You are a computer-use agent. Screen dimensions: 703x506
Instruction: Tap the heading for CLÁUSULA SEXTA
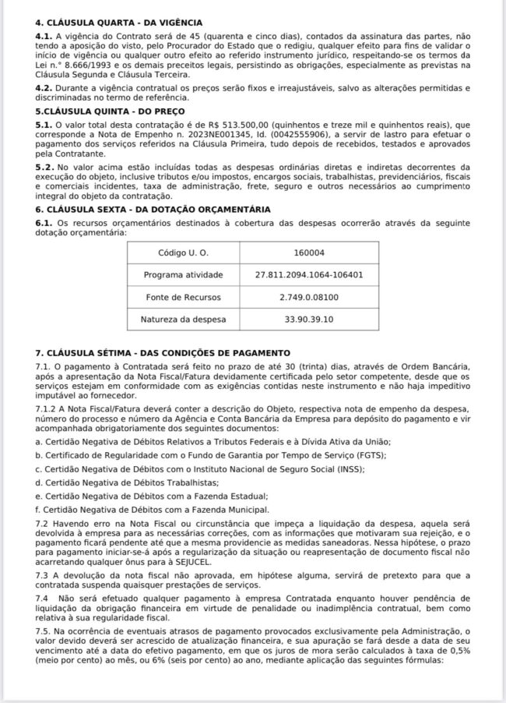click(x=153, y=210)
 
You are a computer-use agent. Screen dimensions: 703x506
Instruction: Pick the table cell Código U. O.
click(x=183, y=253)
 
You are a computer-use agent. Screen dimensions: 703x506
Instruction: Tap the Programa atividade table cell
click(x=183, y=275)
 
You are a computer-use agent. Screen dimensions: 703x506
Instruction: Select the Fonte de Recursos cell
click(x=183, y=298)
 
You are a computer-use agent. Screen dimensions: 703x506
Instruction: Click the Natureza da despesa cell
click(x=183, y=320)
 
